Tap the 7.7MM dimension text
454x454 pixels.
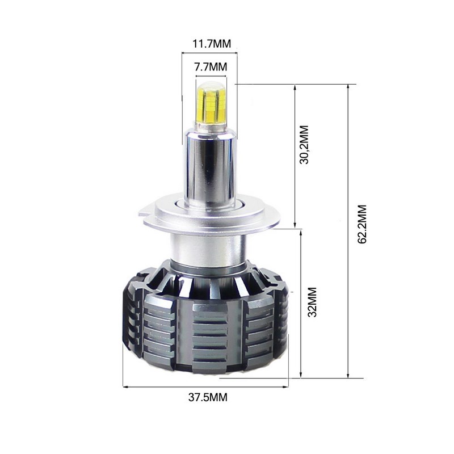pos(210,67)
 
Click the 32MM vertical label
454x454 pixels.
pos(311,304)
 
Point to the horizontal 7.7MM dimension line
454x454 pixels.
pos(209,76)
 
